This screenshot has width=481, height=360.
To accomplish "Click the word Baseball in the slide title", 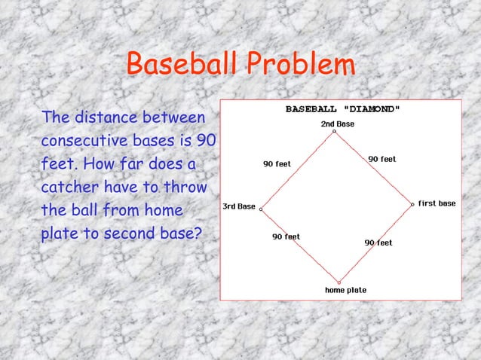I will pyautogui.click(x=176, y=65).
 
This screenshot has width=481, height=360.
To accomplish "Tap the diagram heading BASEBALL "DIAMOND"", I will pyautogui.click(x=342, y=108).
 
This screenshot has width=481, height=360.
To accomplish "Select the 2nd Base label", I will pyautogui.click(x=337, y=123).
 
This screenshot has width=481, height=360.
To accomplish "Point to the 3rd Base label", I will pyautogui.click(x=237, y=206).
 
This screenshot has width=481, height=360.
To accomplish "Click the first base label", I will pyautogui.click(x=437, y=203).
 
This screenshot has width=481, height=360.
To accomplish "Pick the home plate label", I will pyautogui.click(x=345, y=290).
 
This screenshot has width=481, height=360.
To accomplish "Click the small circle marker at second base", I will pyautogui.click(x=335, y=131).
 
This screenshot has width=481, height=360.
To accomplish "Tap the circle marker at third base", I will pyautogui.click(x=261, y=209).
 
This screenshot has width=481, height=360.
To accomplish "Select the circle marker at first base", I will pyautogui.click(x=412, y=203).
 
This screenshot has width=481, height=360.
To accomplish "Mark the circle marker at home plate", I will pyautogui.click(x=339, y=282).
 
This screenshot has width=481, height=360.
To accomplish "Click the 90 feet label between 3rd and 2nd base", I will pyautogui.click(x=276, y=164).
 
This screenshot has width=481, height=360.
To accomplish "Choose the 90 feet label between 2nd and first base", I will pyautogui.click(x=381, y=160).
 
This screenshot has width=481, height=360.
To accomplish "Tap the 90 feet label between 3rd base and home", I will pyautogui.click(x=286, y=236).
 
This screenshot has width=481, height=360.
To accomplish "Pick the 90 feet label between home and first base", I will pyautogui.click(x=378, y=243).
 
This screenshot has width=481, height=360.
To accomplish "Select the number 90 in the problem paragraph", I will pyautogui.click(x=205, y=141).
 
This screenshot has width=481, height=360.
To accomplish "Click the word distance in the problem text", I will pyautogui.click(x=106, y=118).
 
